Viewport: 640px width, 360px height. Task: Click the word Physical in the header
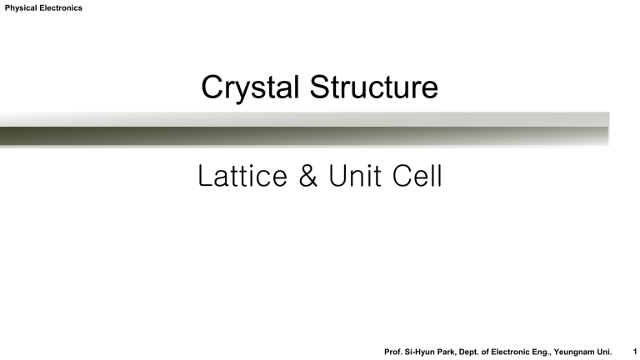pyautogui.click(x=21, y=8)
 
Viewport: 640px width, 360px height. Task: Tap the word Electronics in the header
pyautogui.click(x=61, y=8)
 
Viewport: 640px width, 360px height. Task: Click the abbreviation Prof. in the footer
pyautogui.click(x=394, y=352)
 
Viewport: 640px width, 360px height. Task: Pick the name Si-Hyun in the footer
pyautogui.click(x=423, y=352)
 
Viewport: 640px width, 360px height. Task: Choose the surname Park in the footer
pyautogui.click(x=454, y=352)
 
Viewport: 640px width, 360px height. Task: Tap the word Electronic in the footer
pyautogui.click(x=527, y=352)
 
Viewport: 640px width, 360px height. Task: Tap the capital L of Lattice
pyautogui.click(x=205, y=177)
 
